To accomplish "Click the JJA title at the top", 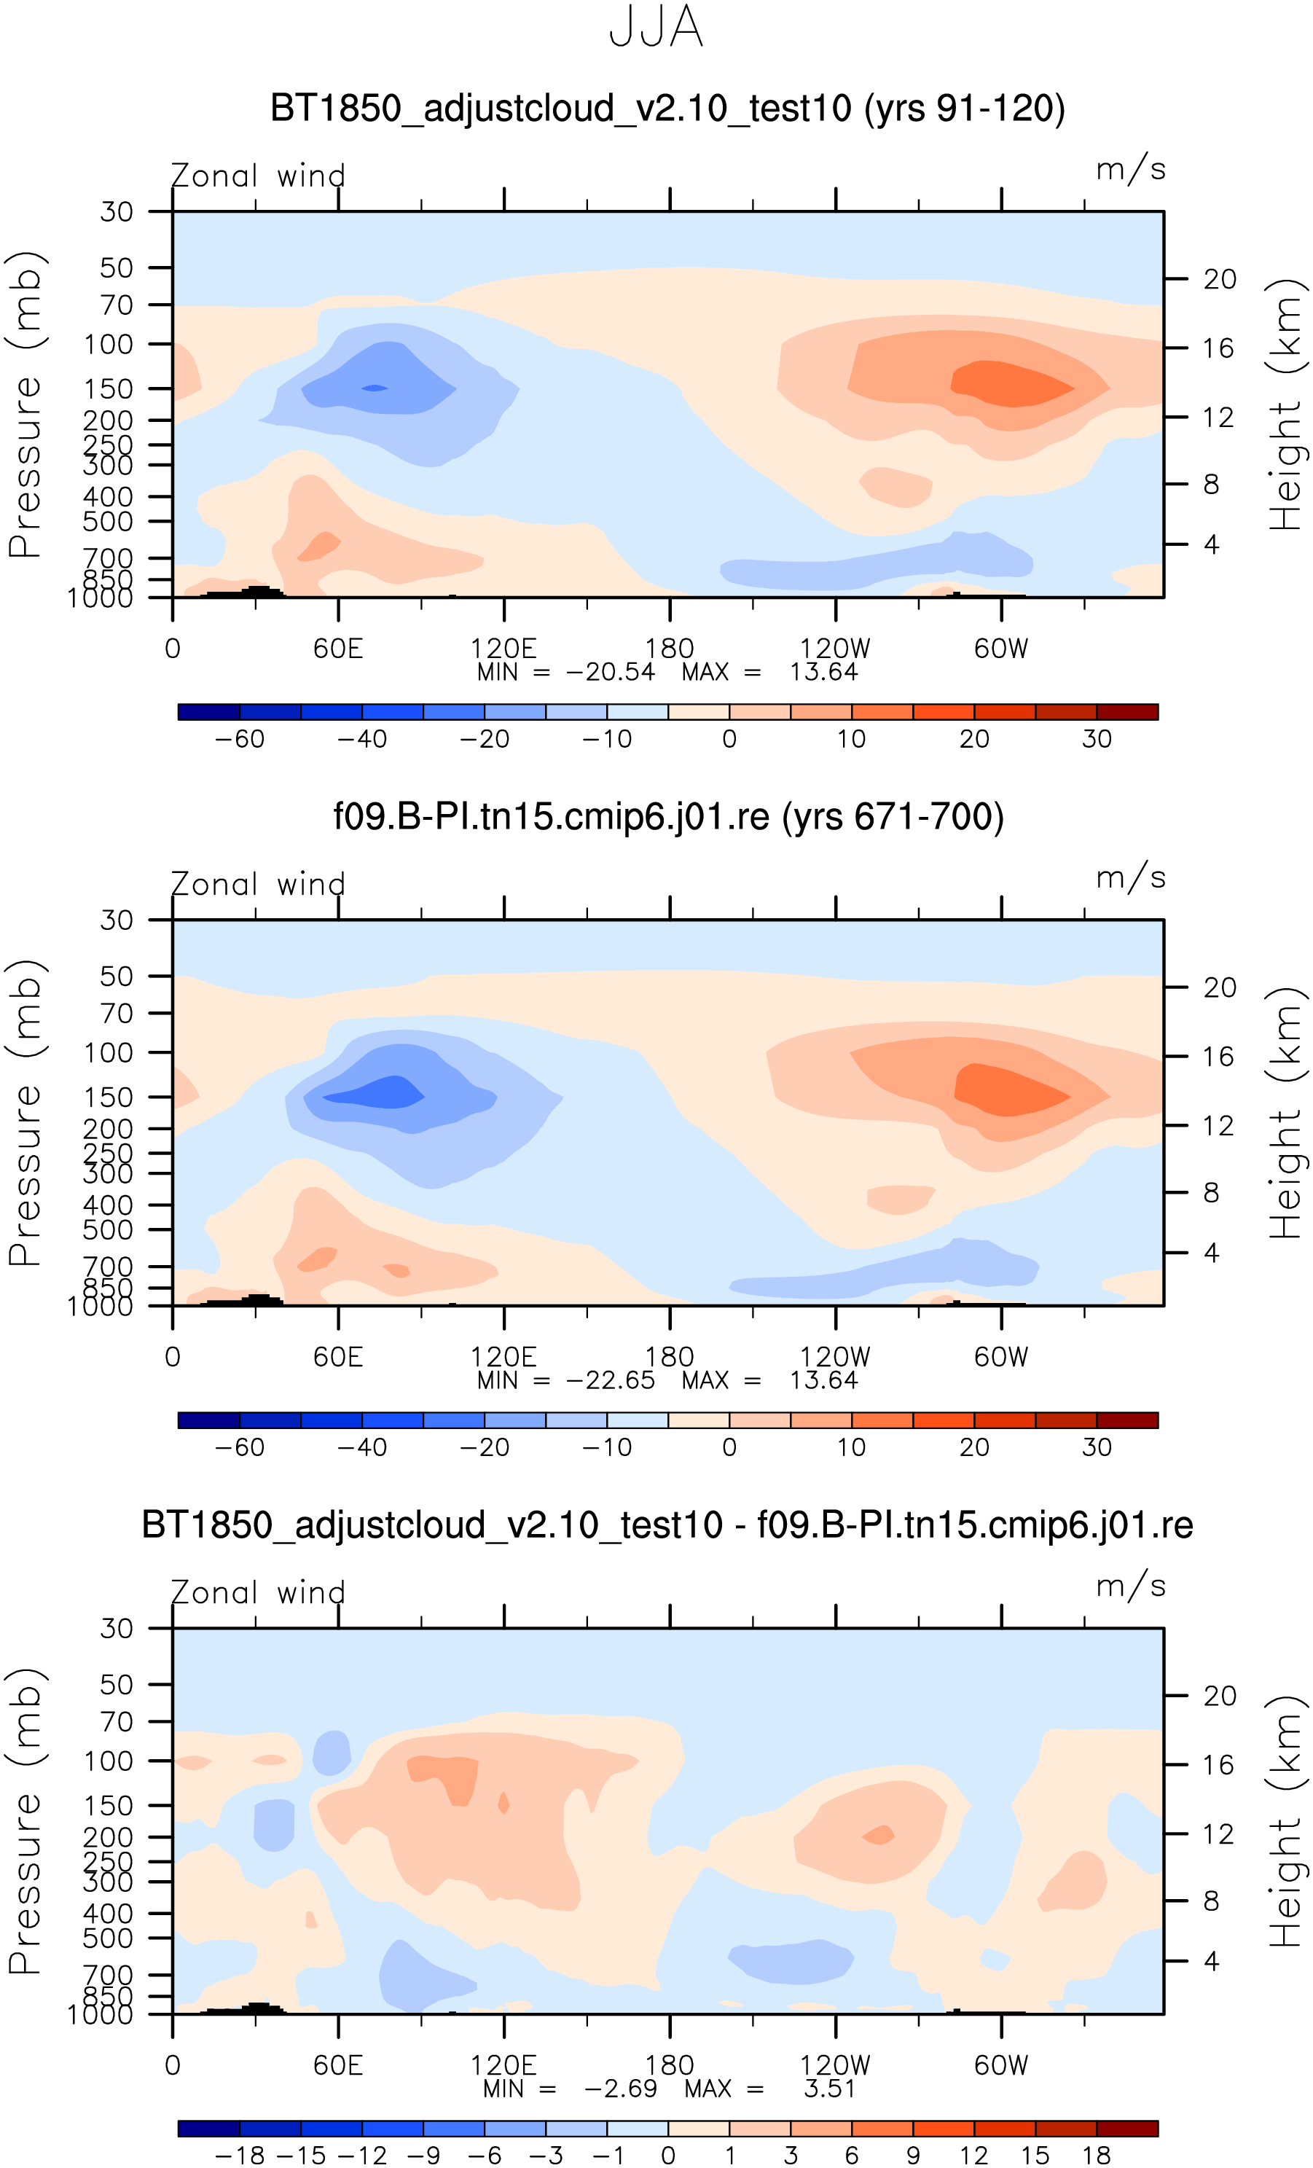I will [x=656, y=27].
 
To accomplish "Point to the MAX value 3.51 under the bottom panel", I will [x=829, y=2089].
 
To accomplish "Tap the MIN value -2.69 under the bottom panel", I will [x=620, y=2089].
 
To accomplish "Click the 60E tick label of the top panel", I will [x=338, y=649].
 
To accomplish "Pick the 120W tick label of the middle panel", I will [x=834, y=1357].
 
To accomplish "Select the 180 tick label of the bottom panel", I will [x=669, y=2065].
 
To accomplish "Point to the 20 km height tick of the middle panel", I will [x=1219, y=987].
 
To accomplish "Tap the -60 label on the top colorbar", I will [x=240, y=739].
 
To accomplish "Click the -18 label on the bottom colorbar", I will [x=240, y=2156].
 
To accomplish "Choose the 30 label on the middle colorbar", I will [x=1097, y=1447].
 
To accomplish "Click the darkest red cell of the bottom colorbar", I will [x=1127, y=2129].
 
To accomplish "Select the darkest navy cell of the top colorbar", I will [x=208, y=712].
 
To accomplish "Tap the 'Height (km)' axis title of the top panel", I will [x=1286, y=404].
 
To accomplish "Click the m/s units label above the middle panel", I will [x=1130, y=878].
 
